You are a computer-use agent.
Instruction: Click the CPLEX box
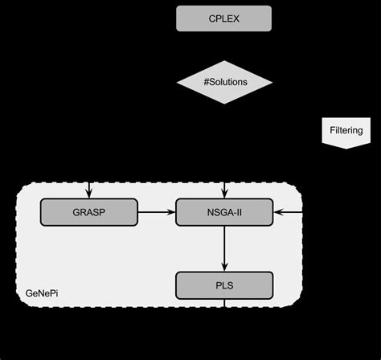pos(223,18)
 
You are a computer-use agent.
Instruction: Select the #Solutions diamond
pos(224,83)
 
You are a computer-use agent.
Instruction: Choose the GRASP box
pos(88,212)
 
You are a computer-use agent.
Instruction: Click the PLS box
pos(224,284)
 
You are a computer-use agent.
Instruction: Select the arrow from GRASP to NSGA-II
pos(156,212)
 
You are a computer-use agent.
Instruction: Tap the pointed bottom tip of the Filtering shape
pos(346,148)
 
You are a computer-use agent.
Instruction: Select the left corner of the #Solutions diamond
pos(177,83)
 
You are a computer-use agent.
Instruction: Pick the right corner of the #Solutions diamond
pos(272,83)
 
